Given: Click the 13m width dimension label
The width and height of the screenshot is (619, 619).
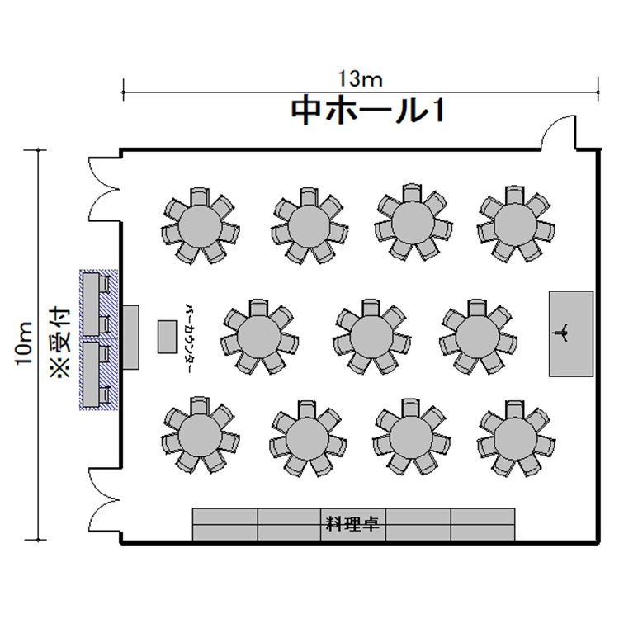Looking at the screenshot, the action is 361,79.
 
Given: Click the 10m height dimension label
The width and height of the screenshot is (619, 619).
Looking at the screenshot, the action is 24,343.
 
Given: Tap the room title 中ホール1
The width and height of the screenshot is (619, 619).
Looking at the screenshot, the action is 369,111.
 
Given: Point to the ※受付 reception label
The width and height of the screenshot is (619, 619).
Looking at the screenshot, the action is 60,343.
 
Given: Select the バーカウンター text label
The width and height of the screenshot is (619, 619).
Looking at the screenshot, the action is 189,338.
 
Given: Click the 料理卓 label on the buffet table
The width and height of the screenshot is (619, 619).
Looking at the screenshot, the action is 352,524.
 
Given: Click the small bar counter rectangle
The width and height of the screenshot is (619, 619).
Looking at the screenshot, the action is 168,337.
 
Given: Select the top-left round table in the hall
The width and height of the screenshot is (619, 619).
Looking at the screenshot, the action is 200,225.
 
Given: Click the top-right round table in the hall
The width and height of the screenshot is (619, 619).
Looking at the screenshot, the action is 516,224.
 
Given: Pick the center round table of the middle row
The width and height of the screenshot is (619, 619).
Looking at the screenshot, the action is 371,336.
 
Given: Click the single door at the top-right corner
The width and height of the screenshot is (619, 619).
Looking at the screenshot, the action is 559,133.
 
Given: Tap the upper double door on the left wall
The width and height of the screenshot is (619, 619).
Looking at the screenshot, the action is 103,189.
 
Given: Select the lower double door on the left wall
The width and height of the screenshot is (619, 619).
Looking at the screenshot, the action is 103,501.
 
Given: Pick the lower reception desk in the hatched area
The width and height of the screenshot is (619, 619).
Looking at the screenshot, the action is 91,374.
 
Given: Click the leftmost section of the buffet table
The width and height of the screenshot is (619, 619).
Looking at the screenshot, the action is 225,524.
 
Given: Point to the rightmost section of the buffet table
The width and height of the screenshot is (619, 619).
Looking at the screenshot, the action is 483,524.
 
